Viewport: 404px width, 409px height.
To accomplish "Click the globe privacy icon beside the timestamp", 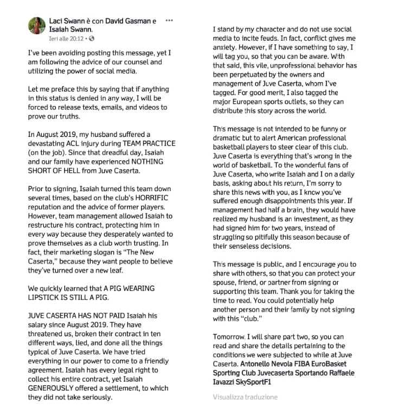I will (x=92, y=39).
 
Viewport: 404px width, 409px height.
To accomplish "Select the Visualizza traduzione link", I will (x=245, y=397).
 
